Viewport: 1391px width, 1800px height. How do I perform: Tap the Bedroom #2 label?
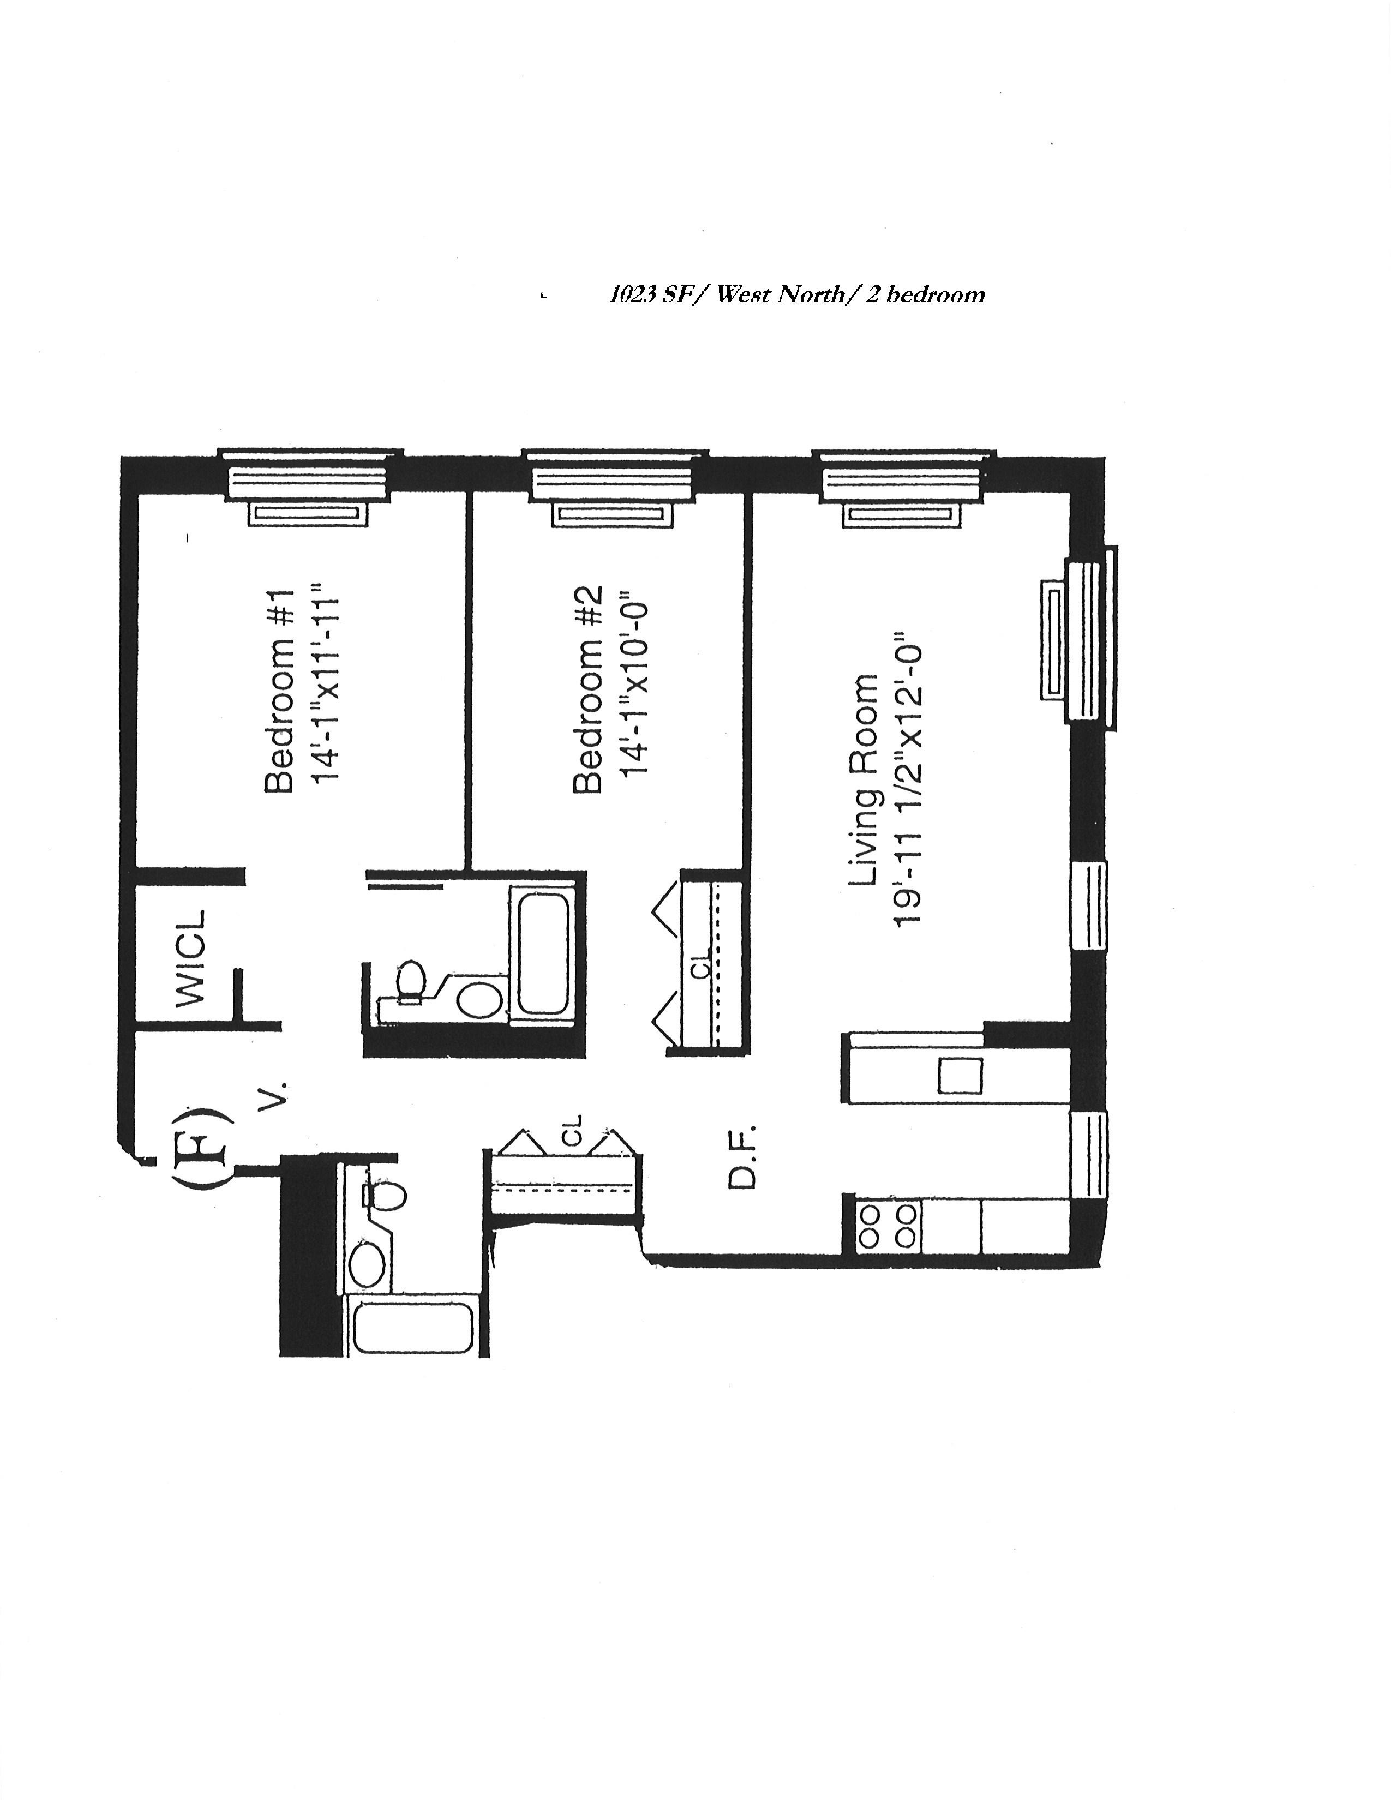[589, 690]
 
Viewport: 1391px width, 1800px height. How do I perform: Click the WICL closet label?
[190, 958]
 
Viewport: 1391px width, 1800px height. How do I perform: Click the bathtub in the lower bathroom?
[413, 1329]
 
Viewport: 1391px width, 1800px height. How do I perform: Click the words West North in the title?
[780, 295]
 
